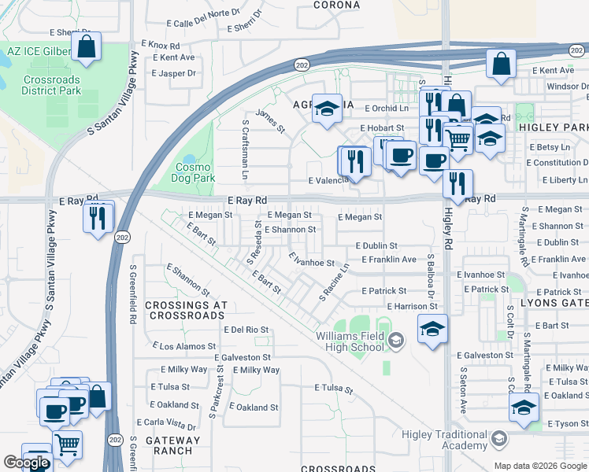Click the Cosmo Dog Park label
[x=194, y=172]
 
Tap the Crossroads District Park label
[x=52, y=85]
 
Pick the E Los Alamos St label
[x=183, y=346]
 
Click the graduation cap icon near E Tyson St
[x=524, y=407]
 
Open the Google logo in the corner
[x=26, y=463]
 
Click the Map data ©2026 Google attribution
[x=539, y=465]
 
